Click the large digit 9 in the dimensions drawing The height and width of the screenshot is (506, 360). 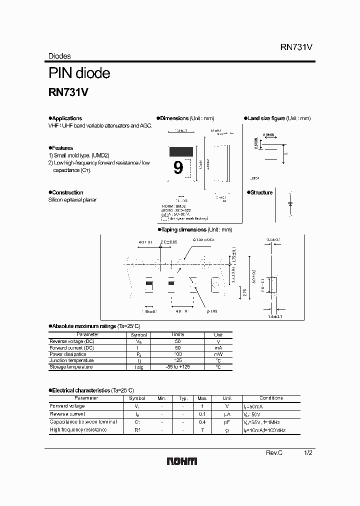pos(178,167)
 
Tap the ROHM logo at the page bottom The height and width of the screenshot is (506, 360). pos(182,461)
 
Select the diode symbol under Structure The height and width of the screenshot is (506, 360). pos(290,204)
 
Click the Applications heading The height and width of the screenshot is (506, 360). pos(66,118)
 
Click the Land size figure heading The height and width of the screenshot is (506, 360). pos(266,118)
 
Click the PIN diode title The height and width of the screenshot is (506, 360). pos(79,73)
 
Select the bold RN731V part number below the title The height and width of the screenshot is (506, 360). pos(68,92)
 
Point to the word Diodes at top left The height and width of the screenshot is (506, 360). pos(59,56)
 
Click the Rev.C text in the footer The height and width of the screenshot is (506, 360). pos(274,452)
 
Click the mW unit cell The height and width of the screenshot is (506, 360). pos(218,354)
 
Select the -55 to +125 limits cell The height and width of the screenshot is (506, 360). pos(177,367)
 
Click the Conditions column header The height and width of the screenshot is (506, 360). pos(271,398)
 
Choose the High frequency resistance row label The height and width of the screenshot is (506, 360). pos(78,429)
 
